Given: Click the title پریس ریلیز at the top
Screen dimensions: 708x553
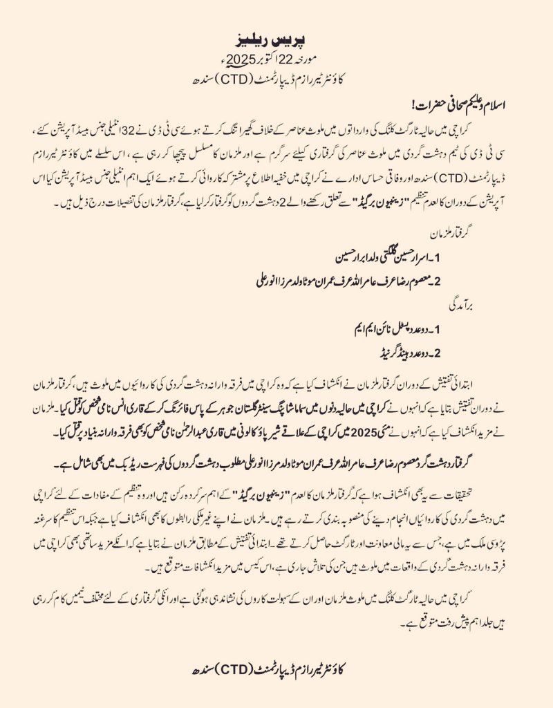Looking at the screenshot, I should click(x=276, y=35).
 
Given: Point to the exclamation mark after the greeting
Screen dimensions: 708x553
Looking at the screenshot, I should click(x=415, y=106).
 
